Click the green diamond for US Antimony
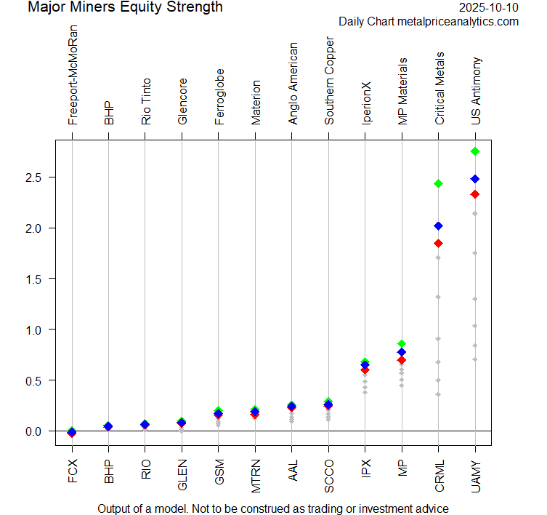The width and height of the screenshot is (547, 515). pos(475,151)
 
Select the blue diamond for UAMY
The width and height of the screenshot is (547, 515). pos(475,179)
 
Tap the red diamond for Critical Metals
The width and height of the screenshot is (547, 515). pos(438,243)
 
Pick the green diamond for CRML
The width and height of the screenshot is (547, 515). pos(438,183)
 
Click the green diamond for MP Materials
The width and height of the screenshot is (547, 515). pos(402,343)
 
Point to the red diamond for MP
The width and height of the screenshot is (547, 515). pos(402,360)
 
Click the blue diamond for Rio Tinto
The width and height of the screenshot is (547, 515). pos(145,424)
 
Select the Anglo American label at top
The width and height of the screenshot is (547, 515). pos(292,84)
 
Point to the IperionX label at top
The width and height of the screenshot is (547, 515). pos(365,103)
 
